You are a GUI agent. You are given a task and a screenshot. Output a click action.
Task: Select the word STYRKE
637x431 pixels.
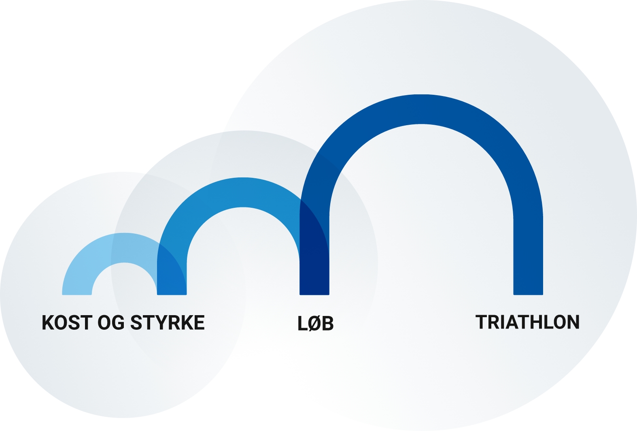[168, 323]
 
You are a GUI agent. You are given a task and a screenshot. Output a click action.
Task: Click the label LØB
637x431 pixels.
[315, 324]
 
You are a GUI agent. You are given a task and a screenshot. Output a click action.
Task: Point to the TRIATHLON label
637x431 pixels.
[527, 322]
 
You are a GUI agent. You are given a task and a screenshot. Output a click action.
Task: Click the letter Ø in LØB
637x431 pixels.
[315, 324]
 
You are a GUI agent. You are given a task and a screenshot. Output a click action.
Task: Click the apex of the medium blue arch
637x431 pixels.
[243, 192]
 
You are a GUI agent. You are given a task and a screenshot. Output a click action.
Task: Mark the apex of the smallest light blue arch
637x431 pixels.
[124, 248]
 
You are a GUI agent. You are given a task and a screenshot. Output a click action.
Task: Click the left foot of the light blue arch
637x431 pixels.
[77, 290]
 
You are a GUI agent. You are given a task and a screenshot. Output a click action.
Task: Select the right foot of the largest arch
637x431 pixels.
[528, 284]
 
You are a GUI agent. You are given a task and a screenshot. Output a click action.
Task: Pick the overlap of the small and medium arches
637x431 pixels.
[172, 275]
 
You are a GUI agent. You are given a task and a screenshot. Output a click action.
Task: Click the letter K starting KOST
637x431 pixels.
[48, 323]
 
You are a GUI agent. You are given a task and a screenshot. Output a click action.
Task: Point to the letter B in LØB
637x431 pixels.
[327, 324]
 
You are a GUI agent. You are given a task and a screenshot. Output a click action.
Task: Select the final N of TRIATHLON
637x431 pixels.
[573, 322]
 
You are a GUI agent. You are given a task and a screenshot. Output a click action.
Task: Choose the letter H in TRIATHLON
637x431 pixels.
[534, 322]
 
